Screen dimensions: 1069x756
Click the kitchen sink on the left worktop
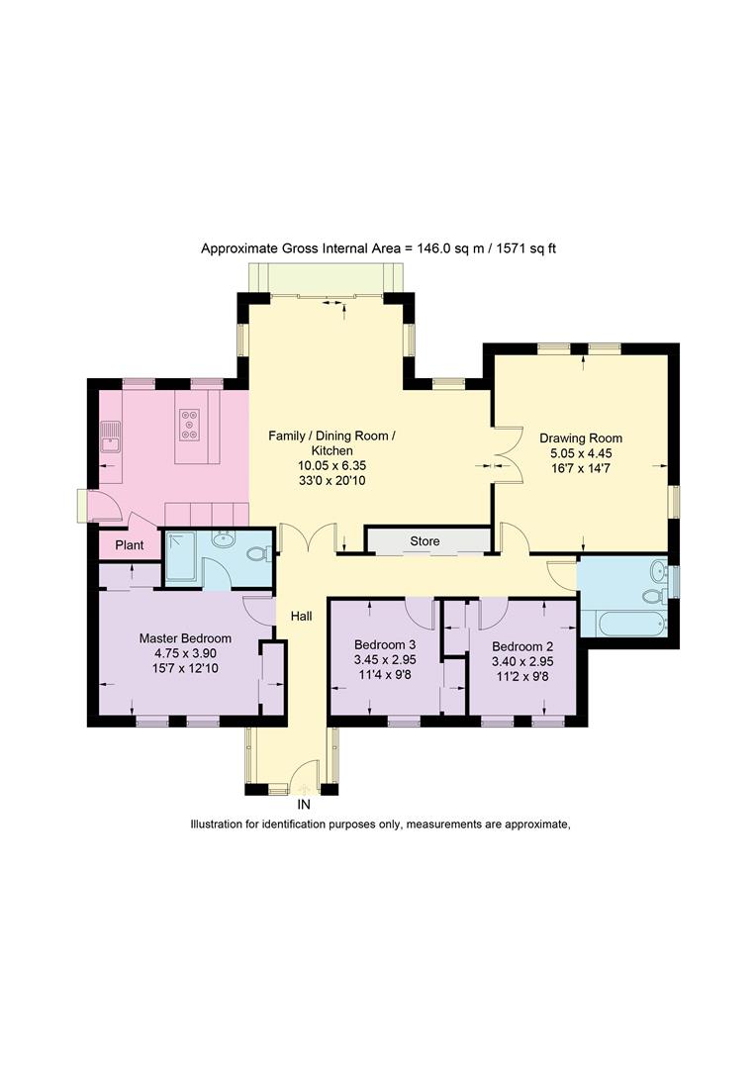[x=109, y=435]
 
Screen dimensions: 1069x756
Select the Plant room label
[x=130, y=545]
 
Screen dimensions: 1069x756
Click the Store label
[x=425, y=541]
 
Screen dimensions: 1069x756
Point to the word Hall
[x=301, y=616]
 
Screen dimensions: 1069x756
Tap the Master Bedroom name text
[x=185, y=638]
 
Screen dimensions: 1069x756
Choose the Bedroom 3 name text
[x=386, y=644]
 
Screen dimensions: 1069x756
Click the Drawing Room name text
[x=581, y=437]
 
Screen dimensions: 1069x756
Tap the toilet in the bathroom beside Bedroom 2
[x=652, y=596]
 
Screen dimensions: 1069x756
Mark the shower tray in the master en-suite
[x=181, y=557]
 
